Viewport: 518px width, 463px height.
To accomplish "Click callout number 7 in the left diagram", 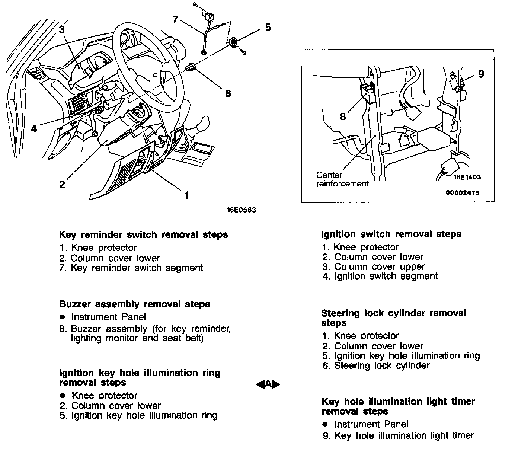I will tap(176, 19).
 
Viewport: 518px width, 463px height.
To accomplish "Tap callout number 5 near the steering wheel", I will tap(268, 28).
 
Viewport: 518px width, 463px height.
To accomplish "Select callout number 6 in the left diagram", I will tap(228, 93).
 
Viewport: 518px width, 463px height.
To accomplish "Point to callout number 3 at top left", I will tap(61, 29).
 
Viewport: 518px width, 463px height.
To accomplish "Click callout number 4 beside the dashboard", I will tap(34, 129).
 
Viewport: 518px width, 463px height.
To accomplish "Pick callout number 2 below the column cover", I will tap(62, 184).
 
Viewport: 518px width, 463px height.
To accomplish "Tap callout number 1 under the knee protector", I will tap(186, 195).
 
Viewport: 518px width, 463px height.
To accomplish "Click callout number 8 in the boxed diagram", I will tap(343, 117).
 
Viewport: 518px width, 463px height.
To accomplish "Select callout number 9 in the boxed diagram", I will tap(481, 74).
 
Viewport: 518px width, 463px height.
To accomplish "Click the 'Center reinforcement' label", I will tap(342, 179).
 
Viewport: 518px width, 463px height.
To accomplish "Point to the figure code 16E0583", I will tap(242, 210).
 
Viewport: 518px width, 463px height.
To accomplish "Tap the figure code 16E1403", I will tap(467, 177).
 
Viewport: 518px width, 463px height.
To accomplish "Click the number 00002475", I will tap(463, 192).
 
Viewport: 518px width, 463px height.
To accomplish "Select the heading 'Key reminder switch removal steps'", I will tap(143, 235).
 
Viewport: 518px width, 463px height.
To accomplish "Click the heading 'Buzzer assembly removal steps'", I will tap(134, 304).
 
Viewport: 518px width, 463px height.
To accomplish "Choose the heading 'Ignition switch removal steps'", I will tap(391, 234).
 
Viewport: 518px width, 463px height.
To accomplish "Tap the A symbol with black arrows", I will tap(268, 384).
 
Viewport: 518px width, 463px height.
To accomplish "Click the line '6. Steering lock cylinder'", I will tap(376, 365).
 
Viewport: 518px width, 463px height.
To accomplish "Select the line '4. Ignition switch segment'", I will tap(380, 276).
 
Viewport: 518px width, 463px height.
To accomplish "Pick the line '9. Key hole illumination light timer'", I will tap(398, 435).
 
